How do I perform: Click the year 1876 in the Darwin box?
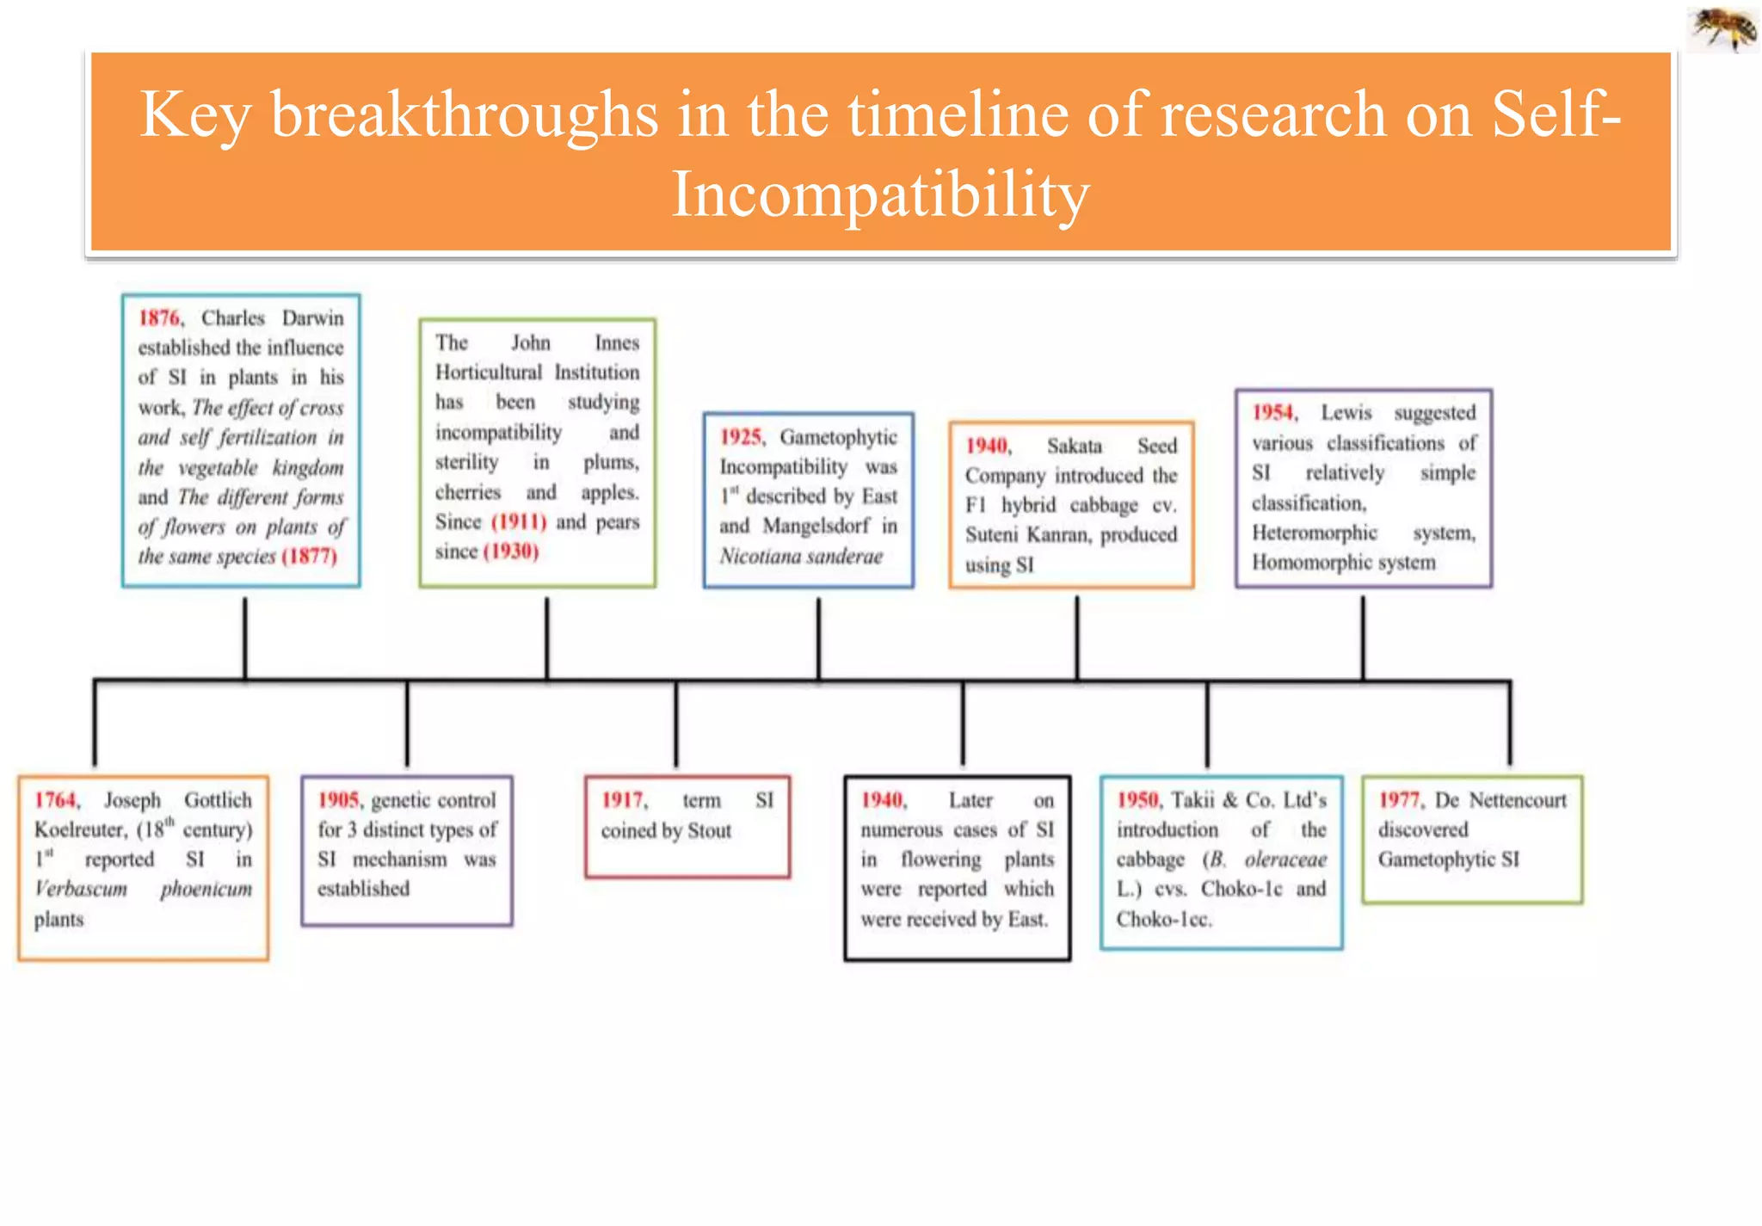pyautogui.click(x=160, y=318)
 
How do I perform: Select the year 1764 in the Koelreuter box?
pyautogui.click(x=56, y=800)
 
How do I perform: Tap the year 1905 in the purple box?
pyautogui.click(x=339, y=800)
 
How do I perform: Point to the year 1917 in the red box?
pyautogui.click(x=622, y=800)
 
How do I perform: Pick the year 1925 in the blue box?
pyautogui.click(x=741, y=437)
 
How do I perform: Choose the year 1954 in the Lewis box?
pyautogui.click(x=1273, y=413)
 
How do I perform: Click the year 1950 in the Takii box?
pyautogui.click(x=1137, y=800)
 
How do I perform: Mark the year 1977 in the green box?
pyautogui.click(x=1400, y=800)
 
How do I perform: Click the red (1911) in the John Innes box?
pyautogui.click(x=519, y=522)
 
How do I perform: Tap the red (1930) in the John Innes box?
pyautogui.click(x=511, y=551)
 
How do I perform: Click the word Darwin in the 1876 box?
pyautogui.click(x=312, y=318)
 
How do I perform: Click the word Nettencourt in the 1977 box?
pyautogui.click(x=1518, y=800)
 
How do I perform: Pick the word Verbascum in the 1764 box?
pyautogui.click(x=81, y=889)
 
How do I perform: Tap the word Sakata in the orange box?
pyautogui.click(x=1074, y=446)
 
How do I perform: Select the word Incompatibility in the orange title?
pyautogui.click(x=880, y=194)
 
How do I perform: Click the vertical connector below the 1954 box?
pyautogui.click(x=1363, y=638)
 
